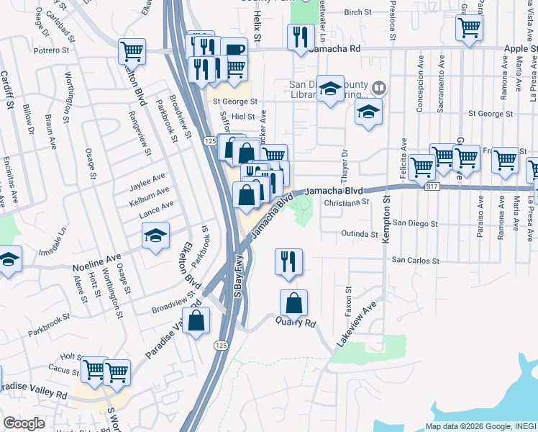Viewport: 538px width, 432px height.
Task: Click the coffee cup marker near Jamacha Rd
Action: (x=234, y=50)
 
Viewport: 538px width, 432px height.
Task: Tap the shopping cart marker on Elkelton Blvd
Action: (x=132, y=51)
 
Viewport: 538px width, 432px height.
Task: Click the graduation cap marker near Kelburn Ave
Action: (x=155, y=237)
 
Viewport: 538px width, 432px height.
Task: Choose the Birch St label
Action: (x=357, y=12)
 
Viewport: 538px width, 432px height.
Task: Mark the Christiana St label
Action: (x=346, y=204)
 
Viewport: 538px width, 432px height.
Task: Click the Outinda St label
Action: (x=360, y=234)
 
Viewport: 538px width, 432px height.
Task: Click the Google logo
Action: (x=24, y=423)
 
